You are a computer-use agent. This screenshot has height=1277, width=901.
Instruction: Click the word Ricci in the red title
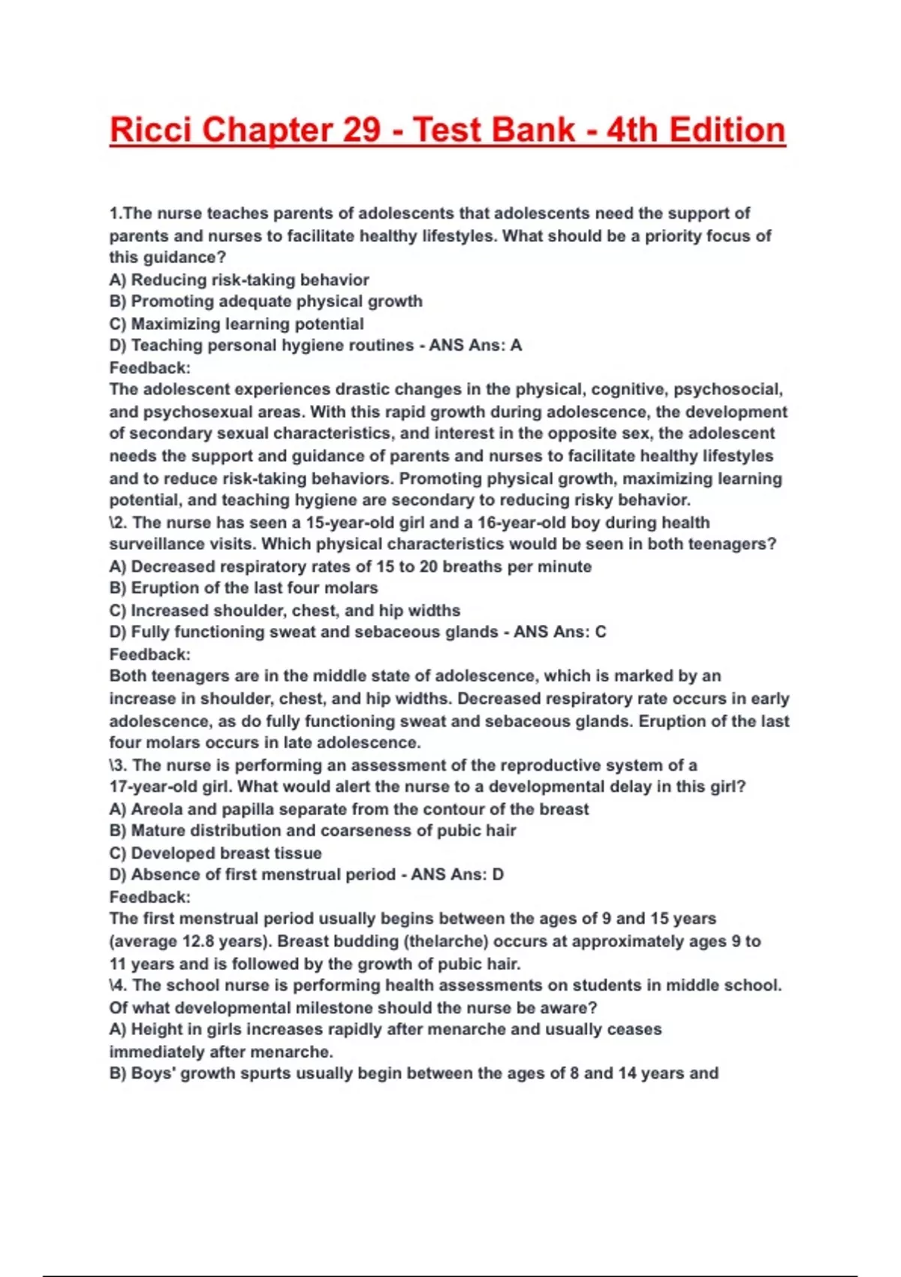tap(151, 130)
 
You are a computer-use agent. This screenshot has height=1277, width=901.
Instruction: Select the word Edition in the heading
tap(727, 130)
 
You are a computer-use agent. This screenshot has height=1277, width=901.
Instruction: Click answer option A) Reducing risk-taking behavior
tap(239, 280)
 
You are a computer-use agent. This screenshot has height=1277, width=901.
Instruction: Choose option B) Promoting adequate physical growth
tap(266, 301)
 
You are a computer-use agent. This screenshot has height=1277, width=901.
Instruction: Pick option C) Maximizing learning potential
tap(237, 324)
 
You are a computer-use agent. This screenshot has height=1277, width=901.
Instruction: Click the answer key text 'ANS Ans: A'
tap(475, 346)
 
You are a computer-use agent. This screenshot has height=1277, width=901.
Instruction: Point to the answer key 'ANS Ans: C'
tap(559, 632)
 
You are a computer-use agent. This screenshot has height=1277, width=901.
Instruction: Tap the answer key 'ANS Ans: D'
tap(457, 874)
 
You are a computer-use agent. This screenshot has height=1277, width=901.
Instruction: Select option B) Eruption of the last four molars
tap(243, 588)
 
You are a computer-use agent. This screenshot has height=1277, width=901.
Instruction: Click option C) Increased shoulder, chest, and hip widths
tap(285, 611)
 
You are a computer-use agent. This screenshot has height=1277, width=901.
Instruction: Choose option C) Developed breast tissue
tap(215, 853)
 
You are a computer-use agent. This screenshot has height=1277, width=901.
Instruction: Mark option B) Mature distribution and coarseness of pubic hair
tap(312, 831)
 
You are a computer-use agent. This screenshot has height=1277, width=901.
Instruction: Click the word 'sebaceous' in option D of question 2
tap(391, 632)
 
